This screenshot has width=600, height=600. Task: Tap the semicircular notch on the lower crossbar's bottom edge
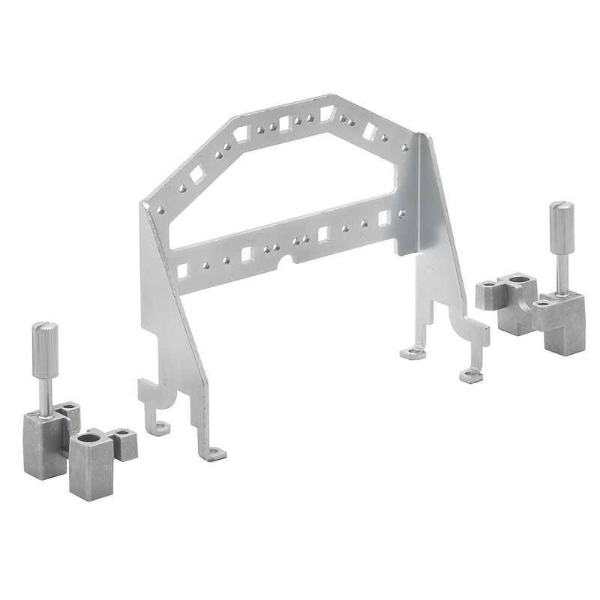pos(284,262)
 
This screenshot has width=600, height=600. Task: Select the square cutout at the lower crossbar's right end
pos(384,217)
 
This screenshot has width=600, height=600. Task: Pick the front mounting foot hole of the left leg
pos(217,454)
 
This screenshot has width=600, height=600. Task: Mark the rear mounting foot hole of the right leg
pos(409,352)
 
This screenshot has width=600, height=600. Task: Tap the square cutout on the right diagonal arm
pos(369,131)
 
